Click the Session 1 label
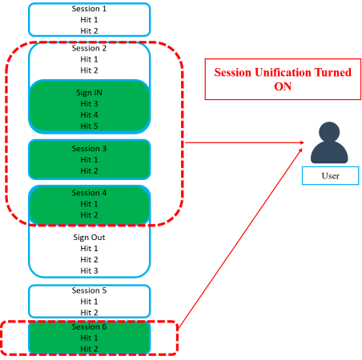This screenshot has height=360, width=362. tap(89, 9)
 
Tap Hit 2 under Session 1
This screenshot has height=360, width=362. tap(89, 31)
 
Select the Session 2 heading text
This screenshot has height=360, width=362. tap(89, 48)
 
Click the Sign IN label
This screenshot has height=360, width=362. tap(89, 93)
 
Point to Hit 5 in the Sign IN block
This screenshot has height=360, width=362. tap(89, 126)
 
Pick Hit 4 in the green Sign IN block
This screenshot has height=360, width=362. tap(89, 115)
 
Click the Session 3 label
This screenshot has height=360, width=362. tap(89, 149)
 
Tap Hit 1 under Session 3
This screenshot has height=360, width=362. tap(89, 160)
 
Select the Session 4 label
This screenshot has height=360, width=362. tap(89, 193)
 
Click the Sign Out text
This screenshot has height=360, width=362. tap(89, 238)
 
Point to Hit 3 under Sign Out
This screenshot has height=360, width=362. tap(89, 270)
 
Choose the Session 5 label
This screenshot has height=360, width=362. tap(89, 290)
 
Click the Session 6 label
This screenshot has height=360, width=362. tap(89, 327)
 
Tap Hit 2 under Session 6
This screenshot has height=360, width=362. tap(89, 349)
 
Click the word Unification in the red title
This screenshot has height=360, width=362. tap(283, 73)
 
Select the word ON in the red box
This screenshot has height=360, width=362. tap(283, 86)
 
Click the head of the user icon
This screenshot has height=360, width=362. tap(329, 132)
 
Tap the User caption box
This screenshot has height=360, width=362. tap(331, 176)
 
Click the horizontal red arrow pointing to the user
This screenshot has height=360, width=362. tap(244, 142)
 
